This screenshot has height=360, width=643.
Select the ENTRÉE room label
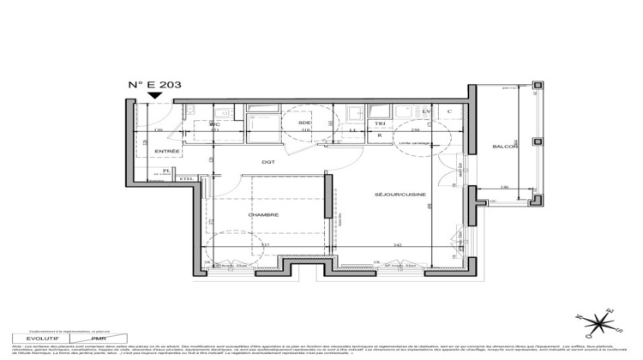167,151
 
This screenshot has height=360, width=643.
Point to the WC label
216,123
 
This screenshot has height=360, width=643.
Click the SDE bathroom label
304,123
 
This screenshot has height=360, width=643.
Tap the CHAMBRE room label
263,214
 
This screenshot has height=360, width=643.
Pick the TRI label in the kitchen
380,123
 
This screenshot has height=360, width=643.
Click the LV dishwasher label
426,111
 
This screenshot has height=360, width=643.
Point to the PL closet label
165,171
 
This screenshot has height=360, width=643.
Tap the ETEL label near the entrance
185,178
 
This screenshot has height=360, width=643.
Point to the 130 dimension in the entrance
159,130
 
